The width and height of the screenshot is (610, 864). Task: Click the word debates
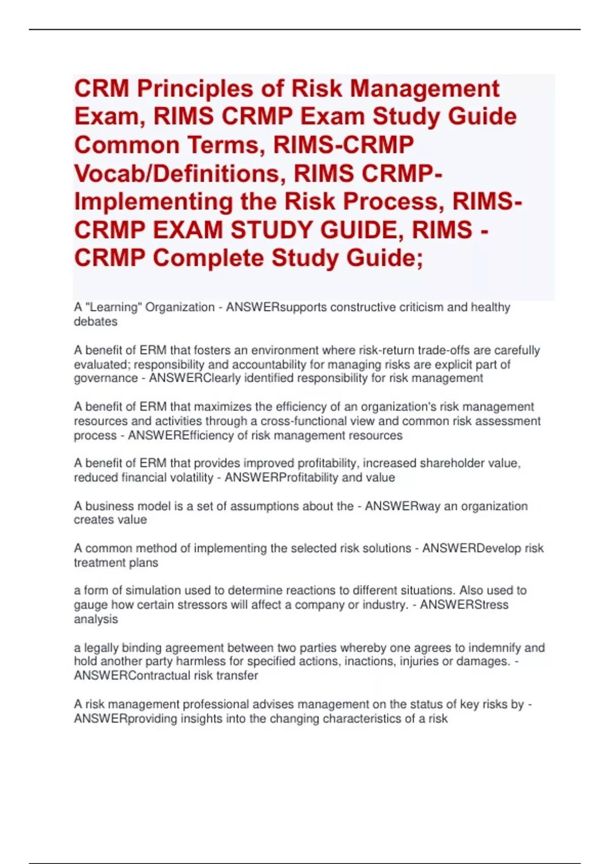tap(96, 322)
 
